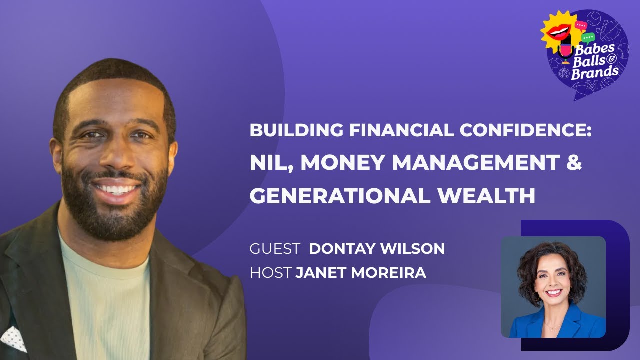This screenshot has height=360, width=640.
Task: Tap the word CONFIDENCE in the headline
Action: click(525, 130)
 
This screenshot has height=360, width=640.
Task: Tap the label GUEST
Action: click(275, 249)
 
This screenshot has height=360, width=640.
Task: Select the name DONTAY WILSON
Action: click(377, 249)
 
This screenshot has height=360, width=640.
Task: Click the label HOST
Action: click(270, 273)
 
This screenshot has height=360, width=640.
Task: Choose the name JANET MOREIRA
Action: click(361, 273)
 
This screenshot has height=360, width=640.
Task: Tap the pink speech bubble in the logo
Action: click(581, 24)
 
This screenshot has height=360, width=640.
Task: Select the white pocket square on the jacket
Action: click(14, 338)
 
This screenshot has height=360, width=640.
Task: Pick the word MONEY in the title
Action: click(340, 164)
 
